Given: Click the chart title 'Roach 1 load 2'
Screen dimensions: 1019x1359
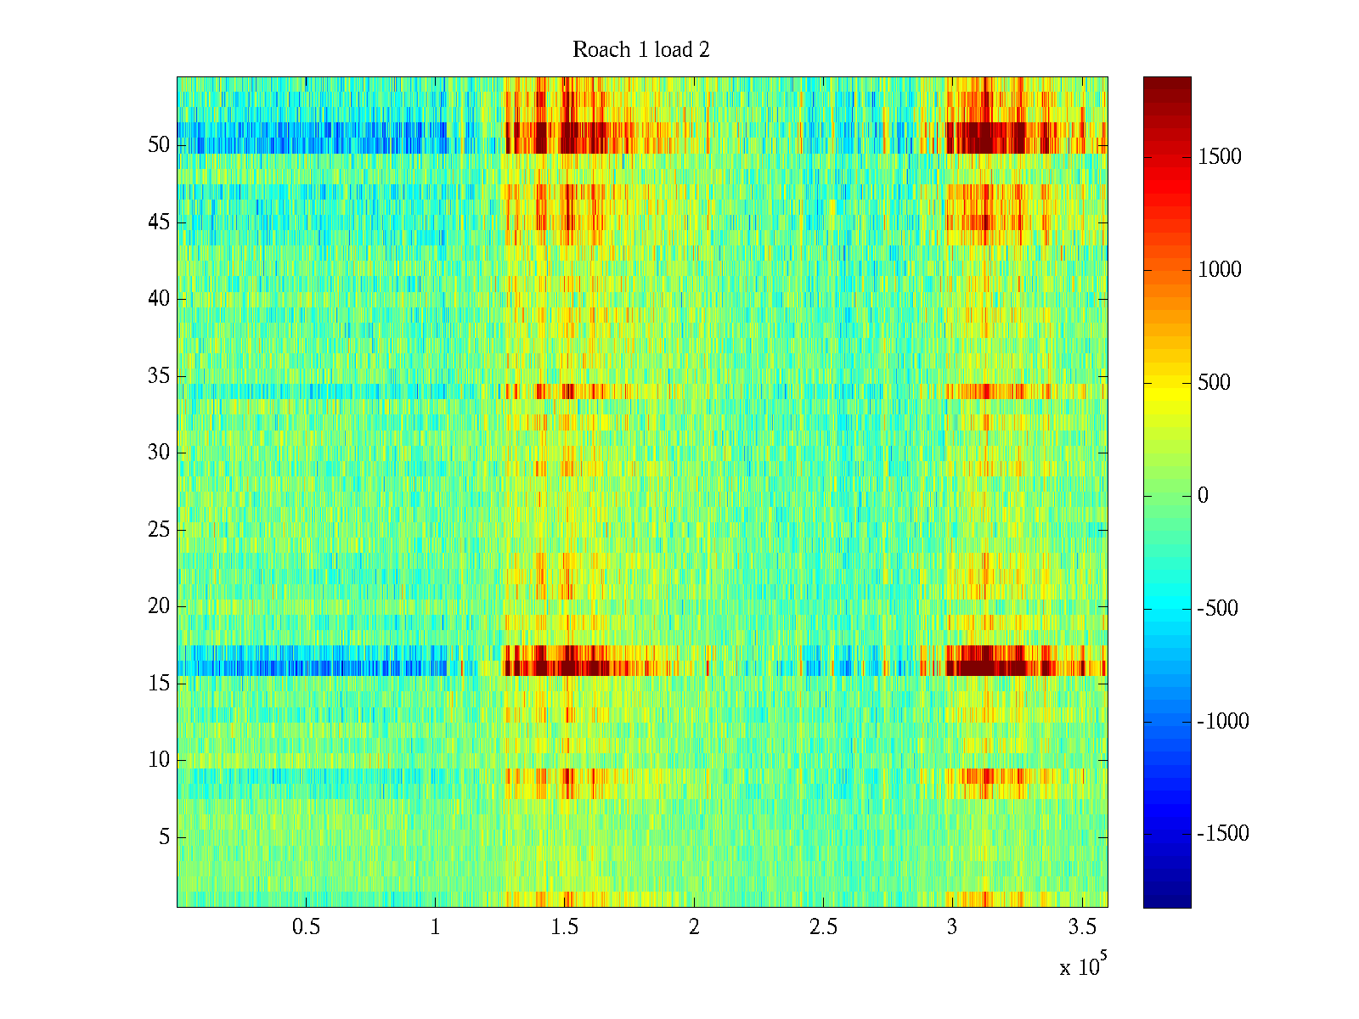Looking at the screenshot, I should point(641,50).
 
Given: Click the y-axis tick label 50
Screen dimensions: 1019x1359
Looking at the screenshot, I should point(159,145).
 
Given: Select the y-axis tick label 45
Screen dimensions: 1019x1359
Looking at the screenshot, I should point(159,222).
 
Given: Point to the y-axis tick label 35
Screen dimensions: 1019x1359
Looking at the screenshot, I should point(159,375).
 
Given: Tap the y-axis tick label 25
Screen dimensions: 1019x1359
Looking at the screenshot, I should point(159,530).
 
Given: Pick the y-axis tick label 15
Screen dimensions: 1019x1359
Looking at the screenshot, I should point(159,683).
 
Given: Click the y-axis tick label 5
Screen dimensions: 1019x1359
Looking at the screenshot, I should point(164,837).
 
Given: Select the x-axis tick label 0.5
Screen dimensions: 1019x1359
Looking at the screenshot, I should point(306,927).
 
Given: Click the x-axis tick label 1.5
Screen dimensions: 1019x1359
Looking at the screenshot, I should point(565,927).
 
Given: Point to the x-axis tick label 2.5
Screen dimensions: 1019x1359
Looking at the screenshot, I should point(823,927).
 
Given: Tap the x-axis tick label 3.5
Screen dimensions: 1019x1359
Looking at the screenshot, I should point(1081,927).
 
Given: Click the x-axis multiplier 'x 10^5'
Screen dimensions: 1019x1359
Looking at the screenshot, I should point(1080,966).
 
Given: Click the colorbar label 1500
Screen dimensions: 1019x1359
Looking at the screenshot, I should point(1220,157).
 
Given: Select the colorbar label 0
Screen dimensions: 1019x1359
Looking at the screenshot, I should point(1203,496).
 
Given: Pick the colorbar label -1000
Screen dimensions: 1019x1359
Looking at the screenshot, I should point(1223,722).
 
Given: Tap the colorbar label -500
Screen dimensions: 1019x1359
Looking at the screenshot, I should point(1218,609).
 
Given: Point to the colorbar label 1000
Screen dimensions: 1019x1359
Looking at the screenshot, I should point(1220,270).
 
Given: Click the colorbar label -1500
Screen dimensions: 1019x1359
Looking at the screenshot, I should point(1223,834).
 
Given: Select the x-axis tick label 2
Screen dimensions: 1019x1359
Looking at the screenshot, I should point(694,927).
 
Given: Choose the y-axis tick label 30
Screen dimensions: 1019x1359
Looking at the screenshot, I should point(159,453).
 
